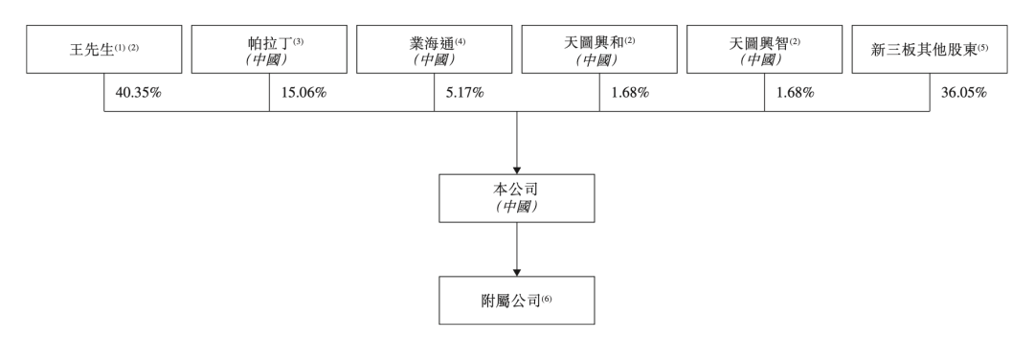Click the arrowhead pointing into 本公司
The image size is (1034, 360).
pos(517,169)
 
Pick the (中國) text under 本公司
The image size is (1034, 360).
pos(517,207)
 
